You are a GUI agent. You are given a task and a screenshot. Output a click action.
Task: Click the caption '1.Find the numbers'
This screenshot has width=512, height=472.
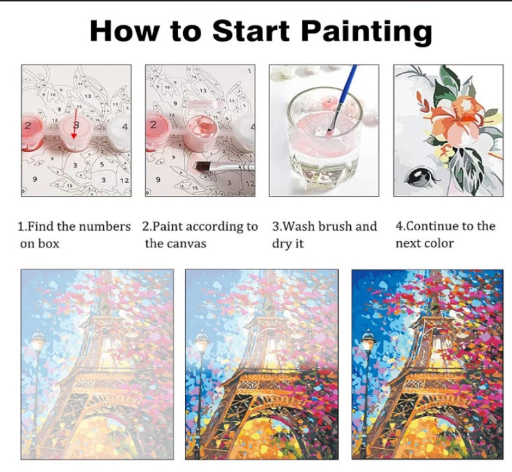click(73, 226)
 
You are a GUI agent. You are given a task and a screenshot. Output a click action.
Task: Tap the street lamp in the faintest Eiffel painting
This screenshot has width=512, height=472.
click(37, 342)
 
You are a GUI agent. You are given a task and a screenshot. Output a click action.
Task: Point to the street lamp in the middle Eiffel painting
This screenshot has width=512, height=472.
click(202, 342)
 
